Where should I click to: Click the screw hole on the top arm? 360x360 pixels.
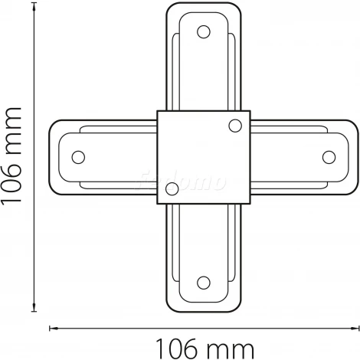click(203, 32)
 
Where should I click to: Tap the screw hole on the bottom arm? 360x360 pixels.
click(203, 282)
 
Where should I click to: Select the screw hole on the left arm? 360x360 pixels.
click(77, 157)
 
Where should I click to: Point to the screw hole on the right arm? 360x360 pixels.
click(329, 157)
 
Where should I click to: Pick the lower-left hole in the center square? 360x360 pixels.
click(172, 188)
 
